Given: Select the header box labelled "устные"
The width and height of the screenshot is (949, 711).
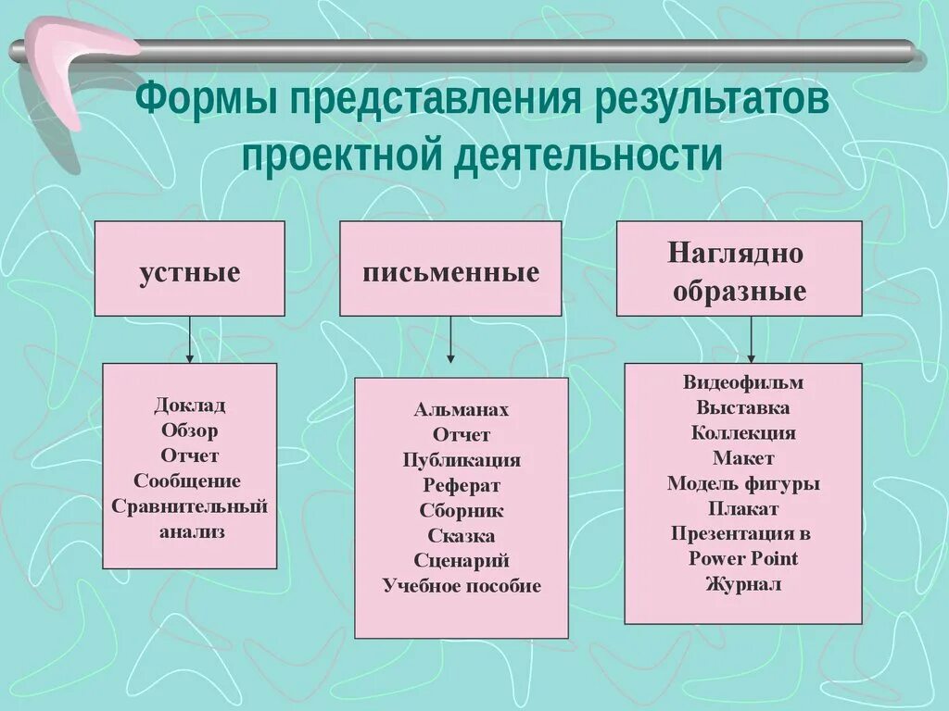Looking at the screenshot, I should [190, 269].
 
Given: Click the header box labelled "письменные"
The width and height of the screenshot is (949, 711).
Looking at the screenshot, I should [450, 269].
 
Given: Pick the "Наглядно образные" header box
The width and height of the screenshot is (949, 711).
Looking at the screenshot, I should [739, 269].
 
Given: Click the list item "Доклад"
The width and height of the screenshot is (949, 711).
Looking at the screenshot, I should [190, 405].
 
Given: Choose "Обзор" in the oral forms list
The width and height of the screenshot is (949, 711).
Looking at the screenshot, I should [190, 430].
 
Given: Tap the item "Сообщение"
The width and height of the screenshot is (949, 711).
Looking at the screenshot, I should [187, 480].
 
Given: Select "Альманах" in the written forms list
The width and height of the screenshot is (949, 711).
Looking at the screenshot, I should [462, 409].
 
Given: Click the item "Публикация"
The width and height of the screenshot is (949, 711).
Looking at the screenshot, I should [462, 460].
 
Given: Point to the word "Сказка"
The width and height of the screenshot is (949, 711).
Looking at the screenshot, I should [462, 535].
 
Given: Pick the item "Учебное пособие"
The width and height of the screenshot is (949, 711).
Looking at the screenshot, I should [462, 586].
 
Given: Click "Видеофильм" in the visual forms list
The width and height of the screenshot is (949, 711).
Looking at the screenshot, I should [743, 382].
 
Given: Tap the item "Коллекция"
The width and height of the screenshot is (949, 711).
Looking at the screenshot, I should [743, 432].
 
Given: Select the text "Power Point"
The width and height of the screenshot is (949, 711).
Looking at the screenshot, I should [743, 558].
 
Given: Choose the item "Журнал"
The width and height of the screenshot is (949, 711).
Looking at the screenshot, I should [743, 584].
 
